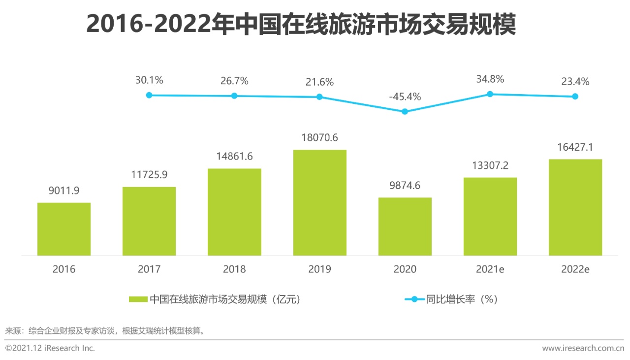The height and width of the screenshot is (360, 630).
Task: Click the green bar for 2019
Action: pos(319,202)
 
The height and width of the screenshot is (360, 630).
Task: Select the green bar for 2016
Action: pos(64,229)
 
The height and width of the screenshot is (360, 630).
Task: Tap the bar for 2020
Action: pos(405,227)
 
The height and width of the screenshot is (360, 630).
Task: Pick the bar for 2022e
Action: pos(575,207)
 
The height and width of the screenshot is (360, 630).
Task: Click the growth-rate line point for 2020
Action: pos(405,112)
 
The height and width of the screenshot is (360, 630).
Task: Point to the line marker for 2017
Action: pos(149,95)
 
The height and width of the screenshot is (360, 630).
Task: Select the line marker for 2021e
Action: pos(490,94)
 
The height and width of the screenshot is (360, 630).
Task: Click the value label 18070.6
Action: pos(319,138)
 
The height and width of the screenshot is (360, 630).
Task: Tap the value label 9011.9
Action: pos(64,191)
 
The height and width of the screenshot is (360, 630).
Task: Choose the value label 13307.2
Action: pos(490,165)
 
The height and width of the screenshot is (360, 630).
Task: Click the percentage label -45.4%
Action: pos(405,97)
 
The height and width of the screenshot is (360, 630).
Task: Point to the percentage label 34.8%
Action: pos(490,79)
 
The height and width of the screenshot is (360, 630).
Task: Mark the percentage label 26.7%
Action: pos(234,81)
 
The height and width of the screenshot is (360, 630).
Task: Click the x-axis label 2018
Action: pos(234,269)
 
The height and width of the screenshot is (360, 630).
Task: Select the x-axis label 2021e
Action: pos(490,269)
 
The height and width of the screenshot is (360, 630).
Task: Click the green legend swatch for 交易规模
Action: pos(138,299)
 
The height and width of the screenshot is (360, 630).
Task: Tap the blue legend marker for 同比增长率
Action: pos(414,299)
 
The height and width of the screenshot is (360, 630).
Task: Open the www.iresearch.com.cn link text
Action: pos(583,348)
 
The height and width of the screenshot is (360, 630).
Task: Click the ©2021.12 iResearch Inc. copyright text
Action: pos(50,348)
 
